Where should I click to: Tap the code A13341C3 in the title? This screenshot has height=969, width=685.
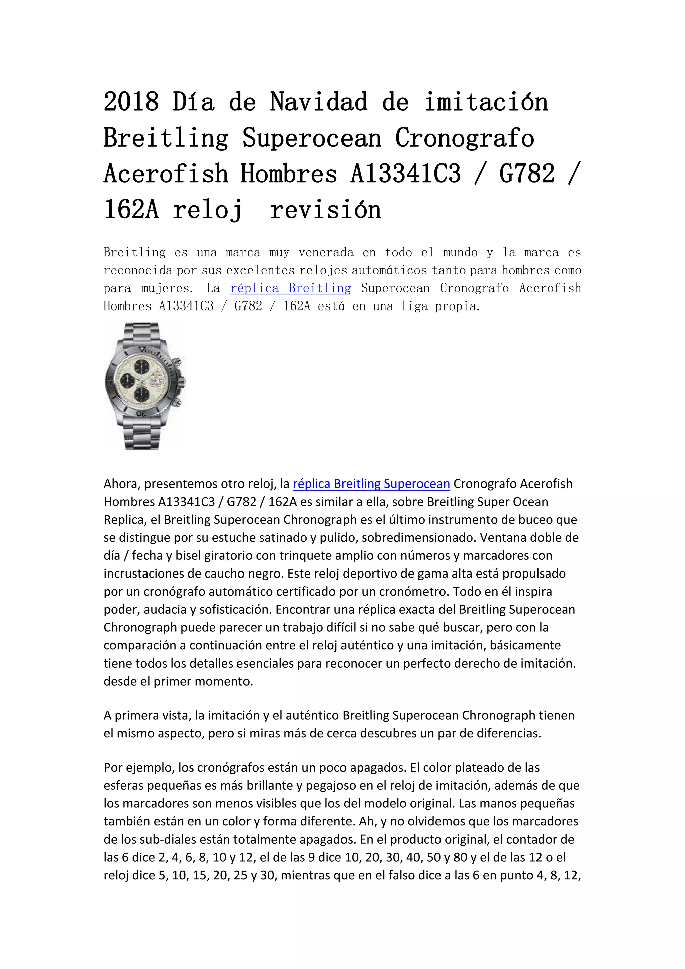point(405,174)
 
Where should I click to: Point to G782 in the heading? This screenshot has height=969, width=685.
point(527,174)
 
